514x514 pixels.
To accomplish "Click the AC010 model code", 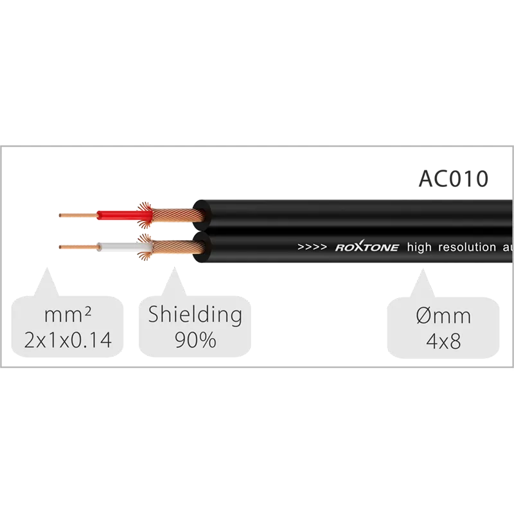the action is coord(454,179).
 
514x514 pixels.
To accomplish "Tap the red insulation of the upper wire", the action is coord(125,215).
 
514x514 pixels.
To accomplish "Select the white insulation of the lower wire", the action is coord(125,247).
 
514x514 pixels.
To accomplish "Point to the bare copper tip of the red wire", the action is coord(78,215).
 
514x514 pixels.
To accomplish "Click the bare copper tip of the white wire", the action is coord(78,247).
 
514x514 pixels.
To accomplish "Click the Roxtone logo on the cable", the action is coord(367,247).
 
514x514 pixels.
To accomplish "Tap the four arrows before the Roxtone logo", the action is coord(312,247).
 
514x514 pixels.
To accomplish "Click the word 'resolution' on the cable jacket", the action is coord(467,247).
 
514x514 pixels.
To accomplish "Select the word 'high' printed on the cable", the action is coord(420,247).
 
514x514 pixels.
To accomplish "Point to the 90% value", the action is coord(195,340).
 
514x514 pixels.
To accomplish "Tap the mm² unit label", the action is coord(67,315).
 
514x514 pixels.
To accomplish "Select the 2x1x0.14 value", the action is coord(68,340).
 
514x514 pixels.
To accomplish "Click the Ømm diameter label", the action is coord(443,316).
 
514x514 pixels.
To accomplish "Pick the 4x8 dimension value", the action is coord(443,341).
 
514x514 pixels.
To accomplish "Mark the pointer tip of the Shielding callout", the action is coord(174,267).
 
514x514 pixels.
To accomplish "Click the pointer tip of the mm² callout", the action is coord(47,267).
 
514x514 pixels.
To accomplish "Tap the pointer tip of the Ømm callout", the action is coord(423,269).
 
